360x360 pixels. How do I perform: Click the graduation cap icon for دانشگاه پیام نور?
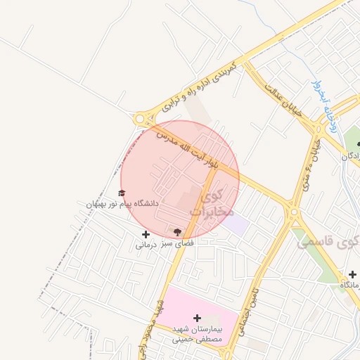click(122, 193)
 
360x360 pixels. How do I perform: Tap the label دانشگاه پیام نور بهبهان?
click(122, 203)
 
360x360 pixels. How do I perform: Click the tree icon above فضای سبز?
click(176, 231)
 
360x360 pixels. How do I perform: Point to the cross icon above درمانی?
click(146, 234)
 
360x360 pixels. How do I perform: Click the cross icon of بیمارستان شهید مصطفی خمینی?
click(197, 318)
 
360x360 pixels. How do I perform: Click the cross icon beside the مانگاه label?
click(352, 274)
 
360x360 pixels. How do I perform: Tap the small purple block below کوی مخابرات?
click(238, 224)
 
